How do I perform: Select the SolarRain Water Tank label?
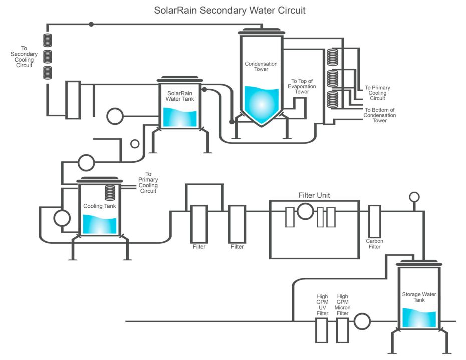[x=180, y=96]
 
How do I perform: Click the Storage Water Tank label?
[x=419, y=297]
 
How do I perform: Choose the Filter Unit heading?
[x=314, y=195]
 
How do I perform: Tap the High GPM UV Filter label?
[x=322, y=305]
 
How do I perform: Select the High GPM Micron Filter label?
[x=343, y=305]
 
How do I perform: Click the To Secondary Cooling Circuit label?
[x=22, y=57]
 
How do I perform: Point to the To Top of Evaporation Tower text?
[x=302, y=86]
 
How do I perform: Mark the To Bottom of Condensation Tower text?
[x=380, y=115]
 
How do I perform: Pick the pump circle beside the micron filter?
[x=361, y=321]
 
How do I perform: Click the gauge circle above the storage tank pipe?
[x=414, y=196]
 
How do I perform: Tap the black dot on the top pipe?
[x=91, y=24]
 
